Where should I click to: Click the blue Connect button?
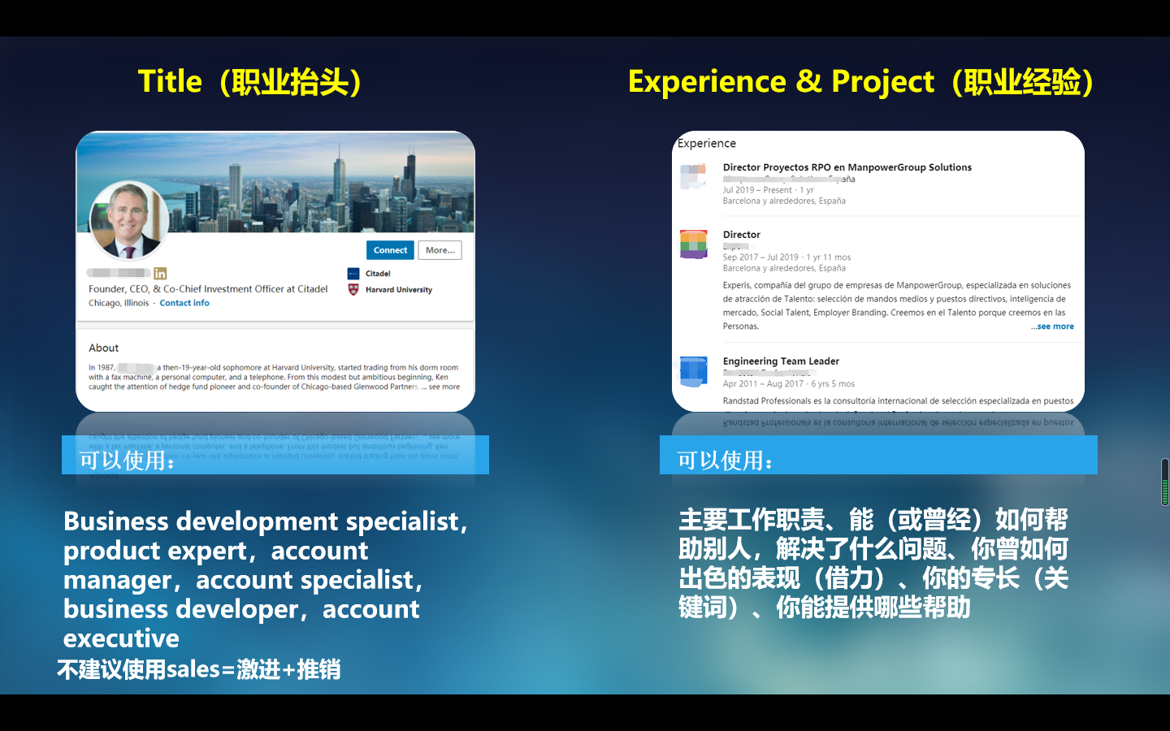pyautogui.click(x=390, y=250)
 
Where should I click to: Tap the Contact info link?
pyautogui.click(x=184, y=303)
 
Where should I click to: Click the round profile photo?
pyautogui.click(x=128, y=219)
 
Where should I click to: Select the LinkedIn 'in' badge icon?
pyautogui.click(x=160, y=274)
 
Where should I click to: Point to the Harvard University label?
pyautogui.click(x=398, y=290)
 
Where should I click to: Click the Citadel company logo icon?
pyautogui.click(x=353, y=274)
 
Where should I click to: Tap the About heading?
pyautogui.click(x=104, y=348)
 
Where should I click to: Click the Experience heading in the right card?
pyautogui.click(x=707, y=144)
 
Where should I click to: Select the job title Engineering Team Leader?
pyautogui.click(x=781, y=361)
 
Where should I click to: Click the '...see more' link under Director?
pyautogui.click(x=1053, y=327)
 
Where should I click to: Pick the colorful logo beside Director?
pyautogui.click(x=694, y=244)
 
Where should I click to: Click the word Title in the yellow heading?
pyautogui.click(x=170, y=82)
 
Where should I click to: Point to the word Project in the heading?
pyautogui.click(x=882, y=82)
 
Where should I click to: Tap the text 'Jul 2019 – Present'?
pyautogui.click(x=757, y=190)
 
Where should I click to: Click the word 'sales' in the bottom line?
pyautogui.click(x=193, y=669)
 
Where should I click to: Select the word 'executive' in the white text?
pyautogui.click(x=121, y=638)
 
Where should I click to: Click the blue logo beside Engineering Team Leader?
pyautogui.click(x=694, y=371)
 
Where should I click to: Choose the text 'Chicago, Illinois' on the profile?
pyautogui.click(x=119, y=303)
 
